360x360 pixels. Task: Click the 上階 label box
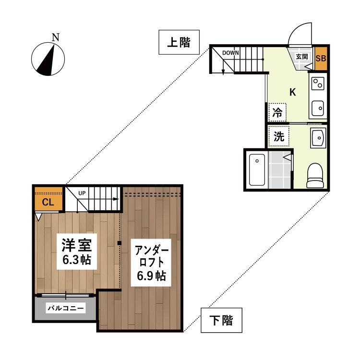click(179, 43)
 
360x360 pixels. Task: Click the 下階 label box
click(221, 320)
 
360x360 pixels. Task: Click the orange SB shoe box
click(321, 59)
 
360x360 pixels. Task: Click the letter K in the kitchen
click(292, 92)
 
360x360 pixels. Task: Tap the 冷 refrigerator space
click(277, 113)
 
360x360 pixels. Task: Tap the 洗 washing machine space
click(278, 136)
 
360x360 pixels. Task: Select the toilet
click(316, 176)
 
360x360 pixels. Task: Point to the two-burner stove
click(318, 84)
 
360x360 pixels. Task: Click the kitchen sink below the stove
click(318, 108)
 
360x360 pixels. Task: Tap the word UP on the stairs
click(82, 193)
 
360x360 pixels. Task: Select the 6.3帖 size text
click(77, 261)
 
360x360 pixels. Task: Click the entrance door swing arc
click(300, 35)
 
